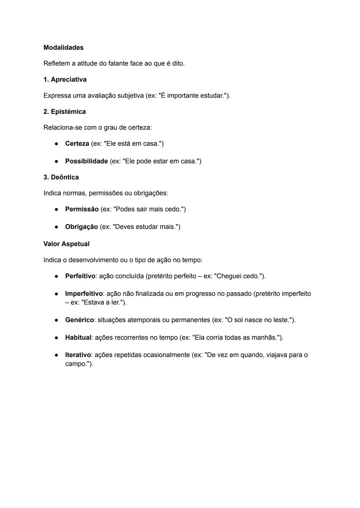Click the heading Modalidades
[x=63, y=48]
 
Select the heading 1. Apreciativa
[x=65, y=80]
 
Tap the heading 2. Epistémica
[x=65, y=112]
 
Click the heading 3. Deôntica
[x=61, y=177]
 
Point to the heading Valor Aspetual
[x=66, y=244]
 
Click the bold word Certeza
[x=77, y=144]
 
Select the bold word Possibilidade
[x=86, y=161]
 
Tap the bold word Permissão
[x=82, y=209]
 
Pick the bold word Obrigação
[x=81, y=227]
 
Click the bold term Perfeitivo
[x=80, y=276]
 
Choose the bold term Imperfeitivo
[x=84, y=294]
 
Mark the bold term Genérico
[x=79, y=320]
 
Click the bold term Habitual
[x=78, y=337]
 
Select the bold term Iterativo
[x=78, y=355]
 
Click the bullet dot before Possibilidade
[x=57, y=161]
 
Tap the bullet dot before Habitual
[x=57, y=337]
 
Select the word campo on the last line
[x=75, y=364]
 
